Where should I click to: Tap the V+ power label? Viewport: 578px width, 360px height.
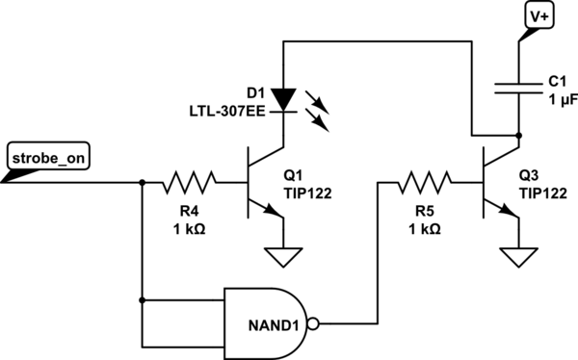[x=538, y=16]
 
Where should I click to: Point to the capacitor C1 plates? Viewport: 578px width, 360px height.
[x=519, y=88]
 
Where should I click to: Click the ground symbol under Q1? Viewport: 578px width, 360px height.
[x=283, y=255]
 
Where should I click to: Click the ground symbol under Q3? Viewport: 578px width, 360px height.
[x=519, y=255]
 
